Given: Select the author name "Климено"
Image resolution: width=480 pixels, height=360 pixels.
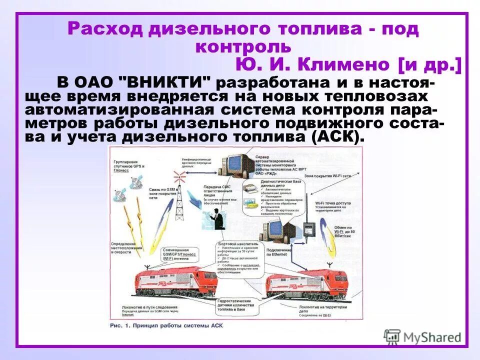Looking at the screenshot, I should point(342,64).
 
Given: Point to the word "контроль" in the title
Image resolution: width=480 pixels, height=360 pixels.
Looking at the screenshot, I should point(243,46).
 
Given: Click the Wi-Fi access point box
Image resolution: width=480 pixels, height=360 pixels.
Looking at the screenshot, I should point(308,230).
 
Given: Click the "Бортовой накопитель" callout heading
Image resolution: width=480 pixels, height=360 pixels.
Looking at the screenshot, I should point(234,244).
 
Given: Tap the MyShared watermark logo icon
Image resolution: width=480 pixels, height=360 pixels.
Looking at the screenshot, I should point(392,336).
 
